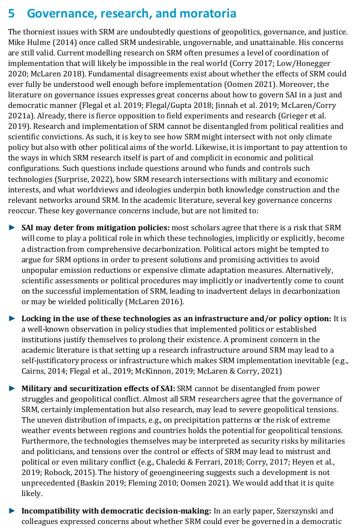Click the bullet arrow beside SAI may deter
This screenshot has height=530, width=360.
pyautogui.click(x=12, y=227)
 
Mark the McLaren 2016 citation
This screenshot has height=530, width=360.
pyautogui.click(x=155, y=301)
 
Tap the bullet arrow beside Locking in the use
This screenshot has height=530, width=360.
pyautogui.click(x=12, y=318)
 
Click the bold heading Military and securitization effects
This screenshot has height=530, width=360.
pyautogui.click(x=98, y=388)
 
